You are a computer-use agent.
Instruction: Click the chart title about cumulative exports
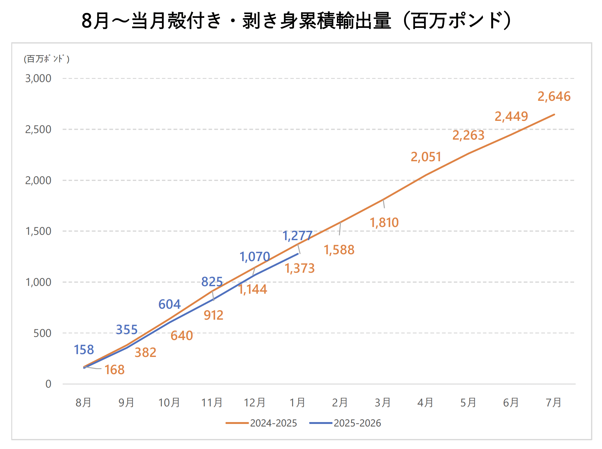pyautogui.click(x=296, y=21)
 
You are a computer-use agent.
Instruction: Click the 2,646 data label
pyautogui.click(x=554, y=96)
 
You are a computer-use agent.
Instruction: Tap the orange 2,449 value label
pyautogui.click(x=511, y=116)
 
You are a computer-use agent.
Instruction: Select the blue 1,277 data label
pyautogui.click(x=297, y=236)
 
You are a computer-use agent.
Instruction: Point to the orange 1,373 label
pyautogui.click(x=299, y=268)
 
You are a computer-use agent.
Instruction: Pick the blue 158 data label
pyautogui.click(x=84, y=350)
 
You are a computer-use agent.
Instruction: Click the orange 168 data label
pyautogui.click(x=114, y=370)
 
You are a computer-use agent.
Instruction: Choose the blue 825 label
pyautogui.click(x=212, y=282)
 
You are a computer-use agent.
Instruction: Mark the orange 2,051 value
pyautogui.click(x=426, y=157)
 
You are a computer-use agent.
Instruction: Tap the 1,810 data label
pyautogui.click(x=384, y=223)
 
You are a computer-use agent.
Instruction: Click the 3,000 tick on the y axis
pyautogui.click(x=38, y=78)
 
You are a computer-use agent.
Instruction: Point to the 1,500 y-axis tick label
pyautogui.click(x=38, y=231)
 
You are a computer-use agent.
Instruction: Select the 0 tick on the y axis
pyautogui.click(x=48, y=384)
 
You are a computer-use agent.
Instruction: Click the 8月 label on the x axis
pyautogui.click(x=83, y=402)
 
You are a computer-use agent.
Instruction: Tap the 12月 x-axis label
pyautogui.click(x=254, y=402)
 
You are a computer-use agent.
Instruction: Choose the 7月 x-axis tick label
pyautogui.click(x=553, y=402)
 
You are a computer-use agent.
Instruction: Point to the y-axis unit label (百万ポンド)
pyautogui.click(x=47, y=59)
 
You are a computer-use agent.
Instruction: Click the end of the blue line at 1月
pyautogui.click(x=298, y=254)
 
